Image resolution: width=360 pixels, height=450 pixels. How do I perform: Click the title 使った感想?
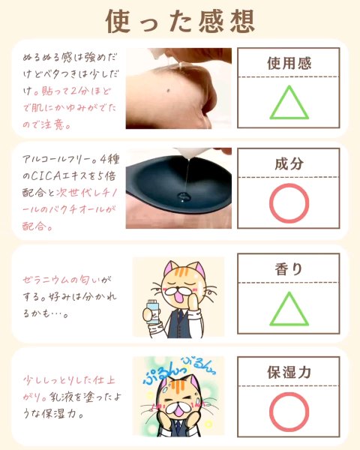coord(180,21)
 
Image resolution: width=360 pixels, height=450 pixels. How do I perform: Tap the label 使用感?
coord(289,63)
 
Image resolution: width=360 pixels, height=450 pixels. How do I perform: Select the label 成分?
coord(289,163)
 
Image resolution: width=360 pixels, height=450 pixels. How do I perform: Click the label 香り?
coord(289,269)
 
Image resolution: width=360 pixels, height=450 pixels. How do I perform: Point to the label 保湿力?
coord(289,372)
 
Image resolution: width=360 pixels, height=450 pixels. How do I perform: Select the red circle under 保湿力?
coord(289,393)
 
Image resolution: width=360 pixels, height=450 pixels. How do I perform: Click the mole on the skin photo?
coord(168,91)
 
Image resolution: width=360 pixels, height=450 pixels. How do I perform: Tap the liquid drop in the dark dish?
coord(183,196)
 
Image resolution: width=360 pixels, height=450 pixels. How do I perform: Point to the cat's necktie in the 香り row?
coord(179,315)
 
